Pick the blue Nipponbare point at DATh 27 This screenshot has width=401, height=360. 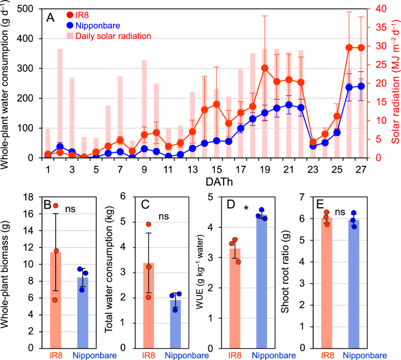(361, 86)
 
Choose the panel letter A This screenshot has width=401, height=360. (51, 18)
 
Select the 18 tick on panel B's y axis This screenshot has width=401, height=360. (34, 197)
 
